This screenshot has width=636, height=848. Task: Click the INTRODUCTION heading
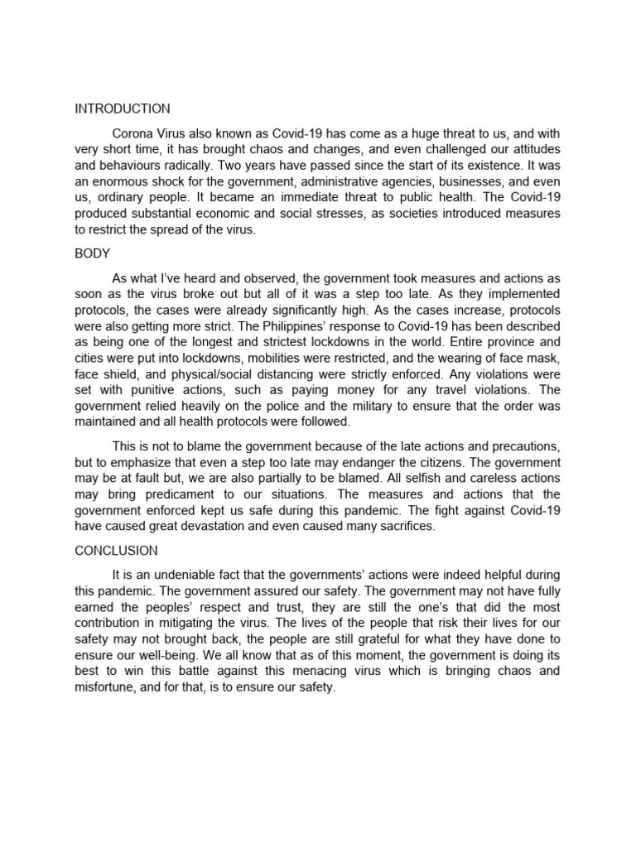tap(123, 108)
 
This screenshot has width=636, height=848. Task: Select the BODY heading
tap(92, 253)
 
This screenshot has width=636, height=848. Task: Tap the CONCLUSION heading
tap(117, 550)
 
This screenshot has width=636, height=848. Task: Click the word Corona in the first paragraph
tap(132, 132)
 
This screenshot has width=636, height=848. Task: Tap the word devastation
tap(238, 526)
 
